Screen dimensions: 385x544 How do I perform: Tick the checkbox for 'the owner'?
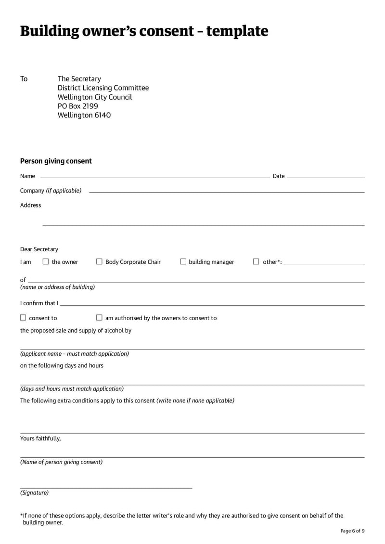click(46, 262)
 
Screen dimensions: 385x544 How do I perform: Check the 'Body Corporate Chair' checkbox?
click(99, 262)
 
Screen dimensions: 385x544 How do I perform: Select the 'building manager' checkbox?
click(183, 262)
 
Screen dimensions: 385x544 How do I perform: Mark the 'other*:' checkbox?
click(256, 262)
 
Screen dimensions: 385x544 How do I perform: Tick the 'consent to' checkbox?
click(23, 318)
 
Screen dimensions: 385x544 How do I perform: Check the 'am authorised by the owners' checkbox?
click(99, 318)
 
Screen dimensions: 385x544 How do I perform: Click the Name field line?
click(154, 177)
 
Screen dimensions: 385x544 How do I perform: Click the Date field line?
click(325, 177)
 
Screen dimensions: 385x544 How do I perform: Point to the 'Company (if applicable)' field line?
click(226, 192)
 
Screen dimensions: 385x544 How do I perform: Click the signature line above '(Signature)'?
click(106, 488)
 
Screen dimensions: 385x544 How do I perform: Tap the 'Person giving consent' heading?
click(56, 161)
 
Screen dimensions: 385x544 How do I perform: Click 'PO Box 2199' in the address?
click(78, 106)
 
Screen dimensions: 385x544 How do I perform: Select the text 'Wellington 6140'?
click(84, 115)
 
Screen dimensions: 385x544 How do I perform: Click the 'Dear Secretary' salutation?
click(39, 249)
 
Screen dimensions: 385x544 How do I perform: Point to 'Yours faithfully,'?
click(40, 439)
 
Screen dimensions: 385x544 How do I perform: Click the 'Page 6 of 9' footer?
click(352, 531)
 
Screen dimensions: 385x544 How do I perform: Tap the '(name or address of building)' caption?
click(57, 287)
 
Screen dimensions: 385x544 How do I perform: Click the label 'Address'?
click(31, 206)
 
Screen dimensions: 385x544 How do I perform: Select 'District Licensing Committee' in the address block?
click(103, 88)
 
